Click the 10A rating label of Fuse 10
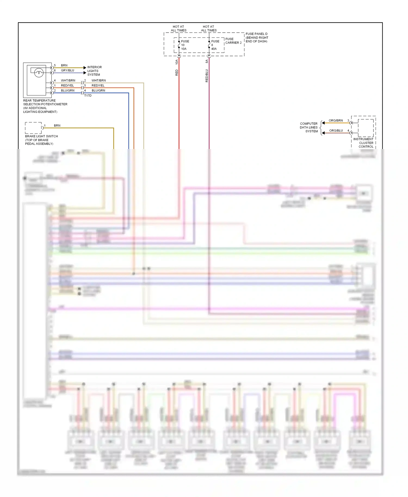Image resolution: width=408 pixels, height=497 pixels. (184, 49)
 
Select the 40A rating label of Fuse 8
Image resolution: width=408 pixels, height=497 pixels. (214, 49)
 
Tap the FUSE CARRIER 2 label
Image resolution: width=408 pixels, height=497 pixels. (233, 41)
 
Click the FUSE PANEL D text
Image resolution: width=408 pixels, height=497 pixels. (256, 34)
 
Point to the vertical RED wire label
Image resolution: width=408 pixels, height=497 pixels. (177, 73)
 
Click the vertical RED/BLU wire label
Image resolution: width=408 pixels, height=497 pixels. (207, 76)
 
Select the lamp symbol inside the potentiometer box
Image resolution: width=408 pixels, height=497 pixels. (39, 73)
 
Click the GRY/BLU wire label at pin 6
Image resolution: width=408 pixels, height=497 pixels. (67, 70)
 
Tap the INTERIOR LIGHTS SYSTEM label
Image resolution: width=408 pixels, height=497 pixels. (94, 71)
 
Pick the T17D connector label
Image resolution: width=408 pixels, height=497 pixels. (88, 96)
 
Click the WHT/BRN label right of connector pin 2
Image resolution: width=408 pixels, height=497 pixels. (98, 80)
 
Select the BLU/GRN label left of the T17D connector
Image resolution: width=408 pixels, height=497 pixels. (67, 91)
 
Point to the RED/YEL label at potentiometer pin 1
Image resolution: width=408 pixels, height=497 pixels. (67, 86)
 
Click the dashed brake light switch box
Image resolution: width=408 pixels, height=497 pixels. (33, 128)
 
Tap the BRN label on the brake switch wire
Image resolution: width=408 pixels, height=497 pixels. (57, 126)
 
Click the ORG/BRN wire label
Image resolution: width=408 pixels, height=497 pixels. (336, 120)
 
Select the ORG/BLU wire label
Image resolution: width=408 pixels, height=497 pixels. (336, 131)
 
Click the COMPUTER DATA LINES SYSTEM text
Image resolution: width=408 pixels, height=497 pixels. (309, 127)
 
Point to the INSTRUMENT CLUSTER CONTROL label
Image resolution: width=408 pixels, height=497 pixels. (363, 143)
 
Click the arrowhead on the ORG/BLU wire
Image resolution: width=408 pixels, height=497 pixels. (323, 133)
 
